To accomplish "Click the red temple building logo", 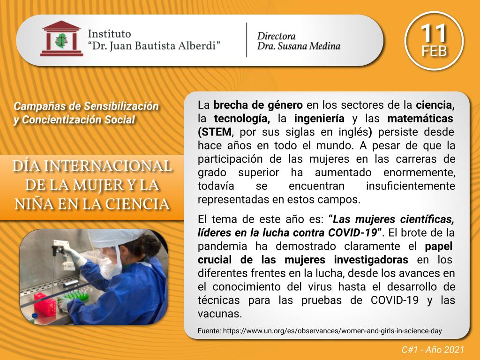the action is [x=61, y=38].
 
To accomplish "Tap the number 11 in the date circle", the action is [x=434, y=33].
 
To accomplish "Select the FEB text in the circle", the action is [x=434, y=51].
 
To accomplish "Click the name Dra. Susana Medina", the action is [x=299, y=46].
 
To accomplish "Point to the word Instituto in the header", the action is [x=109, y=33].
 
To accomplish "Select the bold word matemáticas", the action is [x=420, y=119].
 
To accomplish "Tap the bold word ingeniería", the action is [x=319, y=119].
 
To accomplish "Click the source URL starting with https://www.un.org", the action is [x=332, y=331].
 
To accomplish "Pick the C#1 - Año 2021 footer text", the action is [x=433, y=350].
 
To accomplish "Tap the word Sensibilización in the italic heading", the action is [x=121, y=106].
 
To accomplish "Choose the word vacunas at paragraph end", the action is [x=219, y=314].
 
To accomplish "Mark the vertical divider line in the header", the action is [x=247, y=40].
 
